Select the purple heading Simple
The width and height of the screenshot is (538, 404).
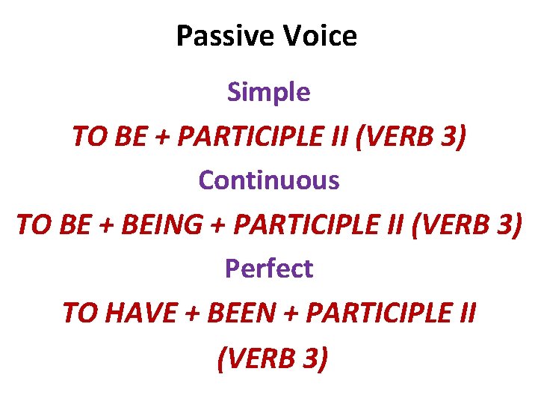268,92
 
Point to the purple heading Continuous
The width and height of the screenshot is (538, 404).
268,180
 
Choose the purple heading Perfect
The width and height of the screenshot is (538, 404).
268,269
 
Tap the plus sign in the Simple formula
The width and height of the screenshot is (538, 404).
168,137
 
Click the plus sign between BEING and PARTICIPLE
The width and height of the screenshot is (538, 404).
220,225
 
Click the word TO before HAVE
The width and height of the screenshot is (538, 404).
79,313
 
